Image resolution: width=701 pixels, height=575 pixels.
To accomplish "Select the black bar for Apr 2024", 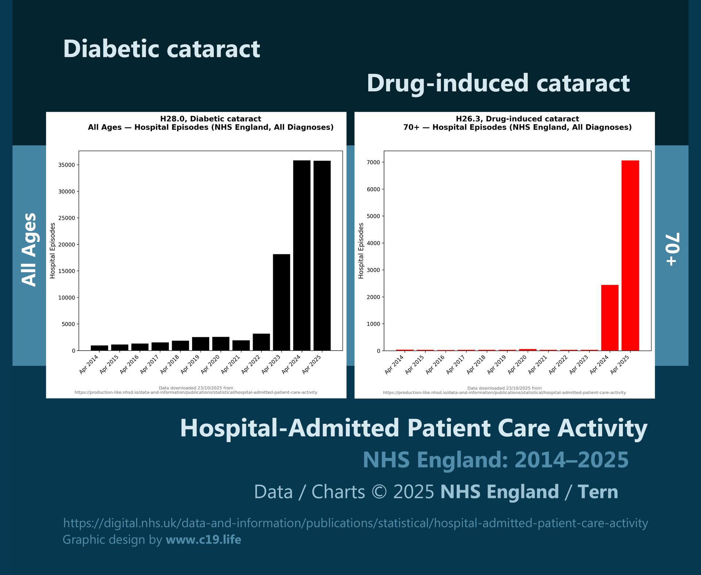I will (x=302, y=255).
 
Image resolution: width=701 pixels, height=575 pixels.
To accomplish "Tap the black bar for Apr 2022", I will (x=261, y=342).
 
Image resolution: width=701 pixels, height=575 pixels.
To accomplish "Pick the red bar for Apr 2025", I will (x=630, y=255).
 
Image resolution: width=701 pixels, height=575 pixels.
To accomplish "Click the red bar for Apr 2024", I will (x=610, y=317).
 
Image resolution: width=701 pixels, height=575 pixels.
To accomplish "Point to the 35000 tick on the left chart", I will (x=66, y=165).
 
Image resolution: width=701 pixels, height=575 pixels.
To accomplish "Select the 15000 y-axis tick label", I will (x=66, y=271).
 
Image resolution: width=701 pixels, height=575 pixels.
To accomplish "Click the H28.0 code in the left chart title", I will (x=173, y=119).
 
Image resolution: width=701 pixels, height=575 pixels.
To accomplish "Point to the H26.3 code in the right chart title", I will (x=469, y=119).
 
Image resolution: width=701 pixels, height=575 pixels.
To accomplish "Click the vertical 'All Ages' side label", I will (x=29, y=250).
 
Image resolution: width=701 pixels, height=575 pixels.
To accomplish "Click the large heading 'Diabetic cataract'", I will (x=161, y=49).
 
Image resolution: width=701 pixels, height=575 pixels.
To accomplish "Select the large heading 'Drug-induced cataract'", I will (x=498, y=83).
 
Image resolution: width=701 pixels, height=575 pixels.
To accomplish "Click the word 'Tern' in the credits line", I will (x=598, y=492).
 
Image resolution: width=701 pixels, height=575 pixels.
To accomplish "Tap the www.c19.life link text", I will (x=203, y=539).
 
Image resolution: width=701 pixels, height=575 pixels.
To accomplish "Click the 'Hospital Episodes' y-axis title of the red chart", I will (x=361, y=251).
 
